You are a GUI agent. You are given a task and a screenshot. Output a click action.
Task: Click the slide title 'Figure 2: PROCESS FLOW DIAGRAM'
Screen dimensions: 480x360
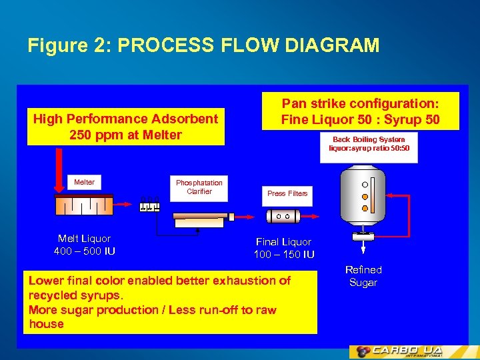[x=203, y=45]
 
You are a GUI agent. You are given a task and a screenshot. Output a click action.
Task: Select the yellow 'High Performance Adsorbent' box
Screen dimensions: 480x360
[x=126, y=127]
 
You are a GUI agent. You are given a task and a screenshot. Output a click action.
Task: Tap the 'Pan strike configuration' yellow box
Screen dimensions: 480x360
[x=361, y=111]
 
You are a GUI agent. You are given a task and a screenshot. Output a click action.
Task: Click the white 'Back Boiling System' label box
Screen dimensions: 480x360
[x=369, y=145]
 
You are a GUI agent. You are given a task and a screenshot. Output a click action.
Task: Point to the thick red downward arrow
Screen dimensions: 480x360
[x=59, y=170]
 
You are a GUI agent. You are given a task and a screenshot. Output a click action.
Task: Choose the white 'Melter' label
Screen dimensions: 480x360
[x=84, y=182]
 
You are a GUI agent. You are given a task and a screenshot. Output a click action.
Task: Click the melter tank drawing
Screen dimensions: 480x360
[x=84, y=204]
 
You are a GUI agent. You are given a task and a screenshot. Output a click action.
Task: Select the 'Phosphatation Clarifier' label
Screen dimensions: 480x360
[x=199, y=187]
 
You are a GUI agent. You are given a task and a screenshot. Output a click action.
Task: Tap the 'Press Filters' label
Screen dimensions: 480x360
[x=287, y=193]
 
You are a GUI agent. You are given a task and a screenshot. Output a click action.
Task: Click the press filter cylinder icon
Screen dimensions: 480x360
[x=283, y=216]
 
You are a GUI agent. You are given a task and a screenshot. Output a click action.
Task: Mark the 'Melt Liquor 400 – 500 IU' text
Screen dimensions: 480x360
[x=85, y=245]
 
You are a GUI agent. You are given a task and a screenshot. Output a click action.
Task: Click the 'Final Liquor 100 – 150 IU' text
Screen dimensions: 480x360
[x=284, y=248]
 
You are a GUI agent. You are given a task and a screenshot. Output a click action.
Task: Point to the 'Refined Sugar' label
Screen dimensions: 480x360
[x=363, y=276]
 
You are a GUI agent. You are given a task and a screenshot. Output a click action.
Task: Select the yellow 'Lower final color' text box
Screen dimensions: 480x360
[x=170, y=302]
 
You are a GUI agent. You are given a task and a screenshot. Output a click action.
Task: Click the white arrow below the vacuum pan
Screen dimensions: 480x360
[x=363, y=247]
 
